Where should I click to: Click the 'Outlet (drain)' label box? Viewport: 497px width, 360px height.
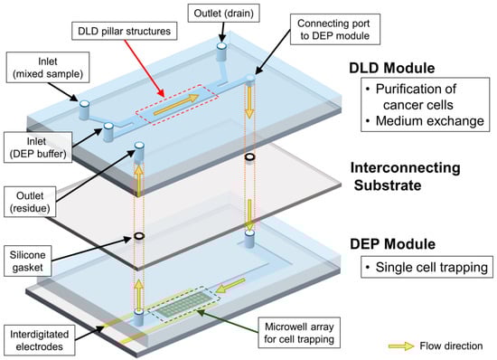point(223,13)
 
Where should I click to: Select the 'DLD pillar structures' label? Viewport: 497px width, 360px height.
point(125,31)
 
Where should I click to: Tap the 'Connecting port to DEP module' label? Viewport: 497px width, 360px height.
point(333,29)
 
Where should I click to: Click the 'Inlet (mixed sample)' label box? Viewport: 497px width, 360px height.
point(48,68)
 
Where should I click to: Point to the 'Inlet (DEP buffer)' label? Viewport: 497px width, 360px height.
point(38,147)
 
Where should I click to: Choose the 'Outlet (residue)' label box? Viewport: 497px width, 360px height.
point(30,202)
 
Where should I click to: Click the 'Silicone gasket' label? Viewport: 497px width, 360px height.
point(28,261)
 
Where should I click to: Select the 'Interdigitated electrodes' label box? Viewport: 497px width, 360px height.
point(39,340)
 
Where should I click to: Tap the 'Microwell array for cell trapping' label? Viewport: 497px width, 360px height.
point(299,333)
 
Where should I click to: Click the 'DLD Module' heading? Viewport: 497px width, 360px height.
point(392,68)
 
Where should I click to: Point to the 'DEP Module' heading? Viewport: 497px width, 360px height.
point(392,244)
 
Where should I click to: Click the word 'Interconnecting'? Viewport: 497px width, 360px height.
point(406,167)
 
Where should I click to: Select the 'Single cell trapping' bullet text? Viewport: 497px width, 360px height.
point(431,267)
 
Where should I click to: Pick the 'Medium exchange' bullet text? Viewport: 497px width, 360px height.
point(430,121)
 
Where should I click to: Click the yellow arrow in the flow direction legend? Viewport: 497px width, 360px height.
point(401,346)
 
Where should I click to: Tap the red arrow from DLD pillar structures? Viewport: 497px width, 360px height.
point(145,68)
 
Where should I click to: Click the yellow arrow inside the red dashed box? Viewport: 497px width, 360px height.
point(176,104)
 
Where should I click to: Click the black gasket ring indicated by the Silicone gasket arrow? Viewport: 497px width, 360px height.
point(139,236)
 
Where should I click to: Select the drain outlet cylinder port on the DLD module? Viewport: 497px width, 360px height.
point(221,52)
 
